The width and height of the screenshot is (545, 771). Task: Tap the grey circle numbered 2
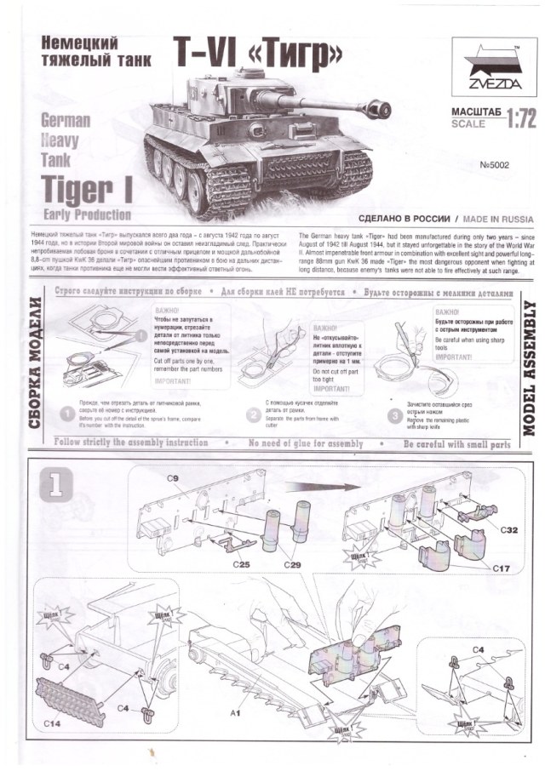coord(253,415)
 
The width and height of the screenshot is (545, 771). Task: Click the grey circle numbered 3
coord(394,415)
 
